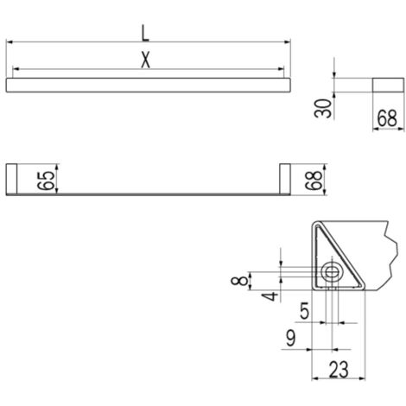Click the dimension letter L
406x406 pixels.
[146, 34]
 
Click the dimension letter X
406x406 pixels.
[146, 60]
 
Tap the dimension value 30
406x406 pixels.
[323, 108]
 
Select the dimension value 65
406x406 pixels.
[46, 181]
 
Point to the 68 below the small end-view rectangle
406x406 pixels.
[387, 118]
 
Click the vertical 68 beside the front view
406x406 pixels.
[314, 181]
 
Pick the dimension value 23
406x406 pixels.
[339, 370]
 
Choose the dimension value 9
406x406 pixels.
[291, 338]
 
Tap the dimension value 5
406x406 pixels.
[304, 311]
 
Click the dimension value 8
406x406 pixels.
[239, 280]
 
